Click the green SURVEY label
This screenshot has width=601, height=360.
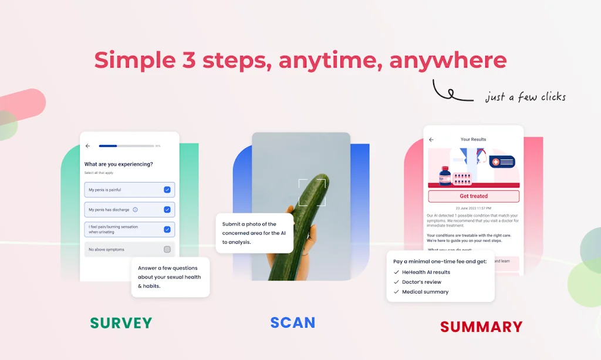click(x=121, y=322)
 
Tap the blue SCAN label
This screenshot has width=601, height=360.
click(x=293, y=322)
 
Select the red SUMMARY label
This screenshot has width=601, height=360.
click(x=481, y=327)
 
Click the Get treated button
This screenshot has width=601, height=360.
click(x=474, y=196)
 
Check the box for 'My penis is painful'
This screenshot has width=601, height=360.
click(x=167, y=190)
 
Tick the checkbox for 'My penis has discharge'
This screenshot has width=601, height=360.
click(x=167, y=210)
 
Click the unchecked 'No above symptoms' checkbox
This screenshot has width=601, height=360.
click(x=167, y=250)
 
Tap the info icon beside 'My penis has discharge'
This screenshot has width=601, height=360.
click(x=135, y=210)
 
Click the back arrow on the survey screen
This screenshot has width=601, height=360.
click(x=87, y=146)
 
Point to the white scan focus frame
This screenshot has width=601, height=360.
click(x=312, y=193)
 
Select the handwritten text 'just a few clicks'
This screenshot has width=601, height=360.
click(x=525, y=97)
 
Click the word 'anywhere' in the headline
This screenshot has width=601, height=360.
click(x=448, y=60)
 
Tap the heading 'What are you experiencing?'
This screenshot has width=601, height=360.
click(x=119, y=164)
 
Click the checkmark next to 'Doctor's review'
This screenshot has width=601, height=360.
click(x=396, y=282)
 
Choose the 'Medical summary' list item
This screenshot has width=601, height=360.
click(x=425, y=292)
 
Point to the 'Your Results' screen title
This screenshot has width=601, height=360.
click(x=473, y=140)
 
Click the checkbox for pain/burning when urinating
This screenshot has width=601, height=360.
click(x=167, y=230)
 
